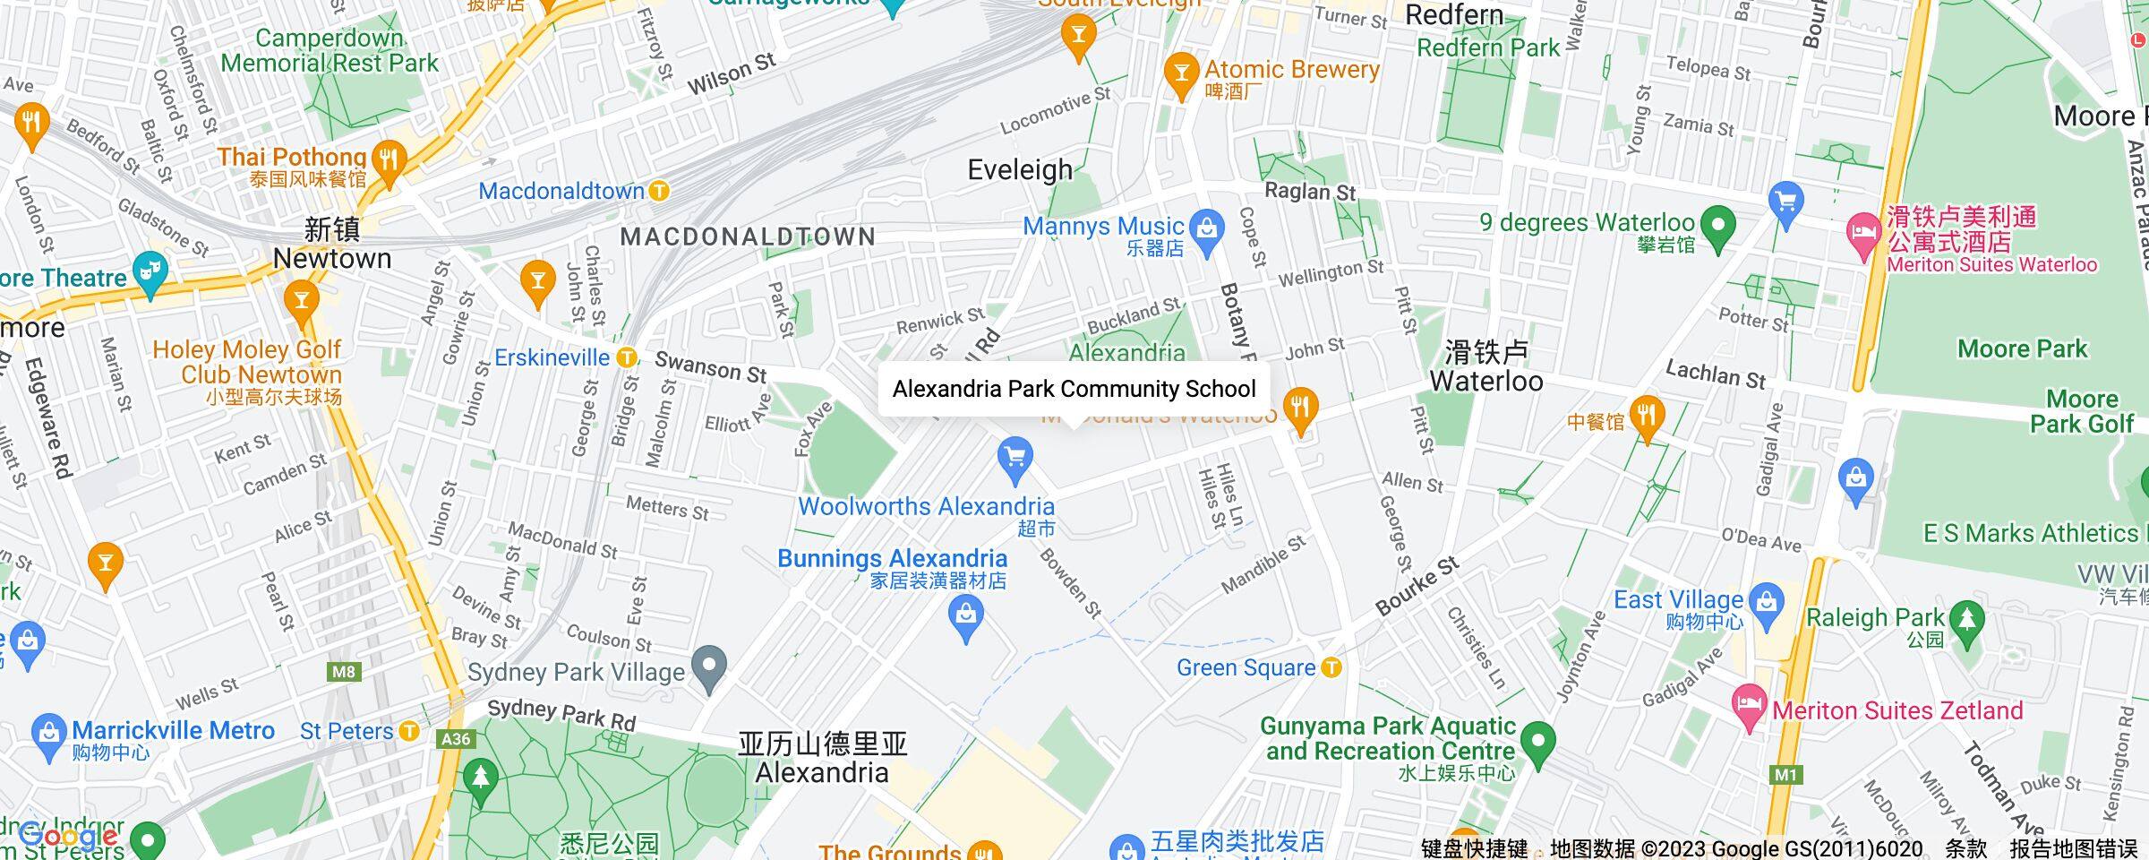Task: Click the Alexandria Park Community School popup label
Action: (1074, 389)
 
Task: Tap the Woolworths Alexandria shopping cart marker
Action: (1015, 460)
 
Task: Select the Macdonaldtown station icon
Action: (659, 191)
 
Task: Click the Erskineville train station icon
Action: (628, 357)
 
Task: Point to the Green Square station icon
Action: (1332, 667)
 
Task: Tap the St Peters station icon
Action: (409, 731)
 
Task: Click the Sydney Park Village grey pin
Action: (709, 667)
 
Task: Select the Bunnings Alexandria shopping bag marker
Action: (966, 616)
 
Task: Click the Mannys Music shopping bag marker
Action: (1207, 228)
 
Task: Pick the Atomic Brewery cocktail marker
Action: (1181, 73)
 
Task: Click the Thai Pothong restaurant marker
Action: (389, 161)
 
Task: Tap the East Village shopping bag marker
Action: (1767, 599)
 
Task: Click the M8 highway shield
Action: (344, 672)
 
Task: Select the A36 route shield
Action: (456, 739)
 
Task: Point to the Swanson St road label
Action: (711, 367)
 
